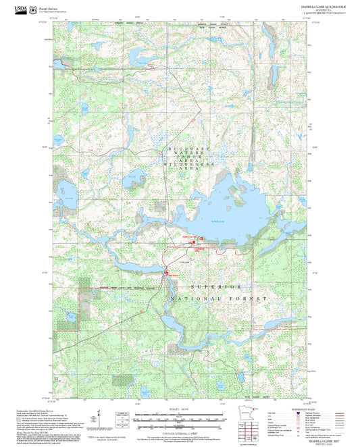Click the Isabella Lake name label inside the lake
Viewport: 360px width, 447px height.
[x=217, y=221]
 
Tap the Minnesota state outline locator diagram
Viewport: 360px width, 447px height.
[x=249, y=417]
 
